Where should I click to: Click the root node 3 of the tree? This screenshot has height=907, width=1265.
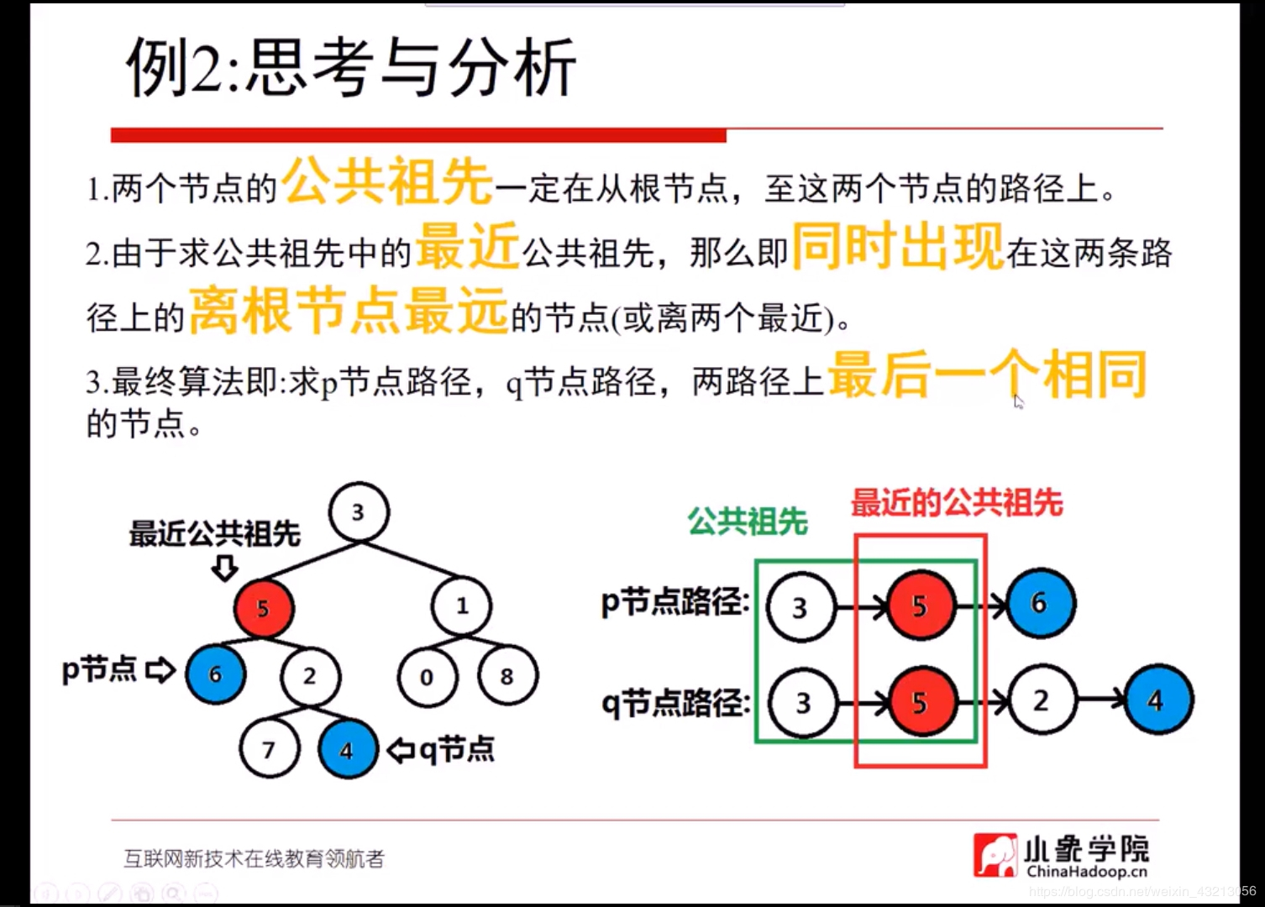click(359, 512)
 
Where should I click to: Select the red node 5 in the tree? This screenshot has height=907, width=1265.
click(264, 608)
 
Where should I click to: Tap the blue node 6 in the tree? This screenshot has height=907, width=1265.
click(216, 674)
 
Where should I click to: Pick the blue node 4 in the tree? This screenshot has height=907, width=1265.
click(348, 749)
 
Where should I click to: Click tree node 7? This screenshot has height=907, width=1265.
click(269, 749)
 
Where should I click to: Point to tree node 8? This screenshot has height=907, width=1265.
click(507, 676)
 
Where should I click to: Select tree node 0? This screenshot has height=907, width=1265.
click(428, 676)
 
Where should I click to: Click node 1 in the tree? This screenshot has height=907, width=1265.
click(462, 606)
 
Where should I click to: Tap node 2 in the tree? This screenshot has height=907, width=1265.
click(311, 676)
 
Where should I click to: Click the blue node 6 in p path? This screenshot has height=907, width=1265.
click(1040, 603)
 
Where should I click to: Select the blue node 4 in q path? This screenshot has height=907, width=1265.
click(1157, 700)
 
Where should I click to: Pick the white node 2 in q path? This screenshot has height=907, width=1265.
click(1042, 700)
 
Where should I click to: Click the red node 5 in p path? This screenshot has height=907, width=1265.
click(921, 605)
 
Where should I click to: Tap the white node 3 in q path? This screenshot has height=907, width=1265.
click(803, 702)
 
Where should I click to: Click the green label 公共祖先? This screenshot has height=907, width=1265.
click(748, 522)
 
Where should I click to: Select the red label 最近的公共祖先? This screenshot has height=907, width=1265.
click(957, 503)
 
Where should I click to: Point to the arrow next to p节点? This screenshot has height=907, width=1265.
click(160, 670)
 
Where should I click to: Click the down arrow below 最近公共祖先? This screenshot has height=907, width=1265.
click(224, 569)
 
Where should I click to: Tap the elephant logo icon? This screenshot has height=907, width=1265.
click(995, 855)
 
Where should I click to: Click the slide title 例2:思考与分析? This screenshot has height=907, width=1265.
click(351, 67)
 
